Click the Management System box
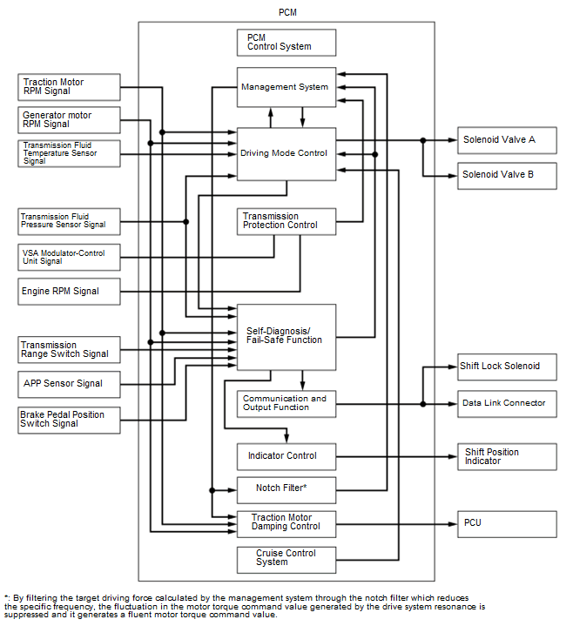286,87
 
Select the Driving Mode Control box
286,154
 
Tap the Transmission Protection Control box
286,221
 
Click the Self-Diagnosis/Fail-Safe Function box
286,335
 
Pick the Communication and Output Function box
286,403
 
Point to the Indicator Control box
286,455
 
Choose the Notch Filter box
286,488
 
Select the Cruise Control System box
286,558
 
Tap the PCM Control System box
286,42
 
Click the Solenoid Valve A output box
506,139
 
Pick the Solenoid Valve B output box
506,175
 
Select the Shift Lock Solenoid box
506,367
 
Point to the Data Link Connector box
506,403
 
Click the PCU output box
506,523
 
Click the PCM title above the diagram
286,11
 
